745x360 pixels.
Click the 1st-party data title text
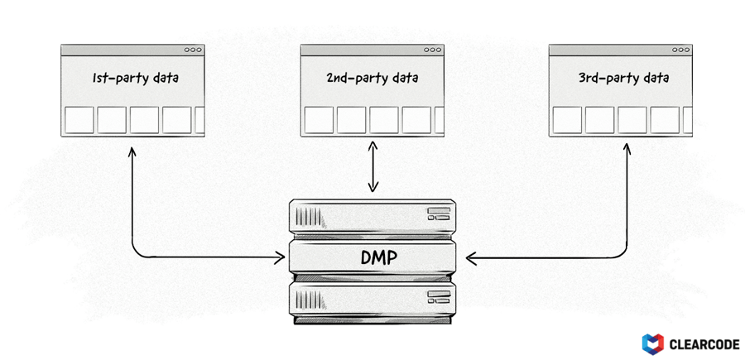[136, 79]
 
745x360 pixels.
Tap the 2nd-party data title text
[372, 79]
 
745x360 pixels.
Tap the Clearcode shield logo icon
[652, 343]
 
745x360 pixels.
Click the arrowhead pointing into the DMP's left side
[280, 258]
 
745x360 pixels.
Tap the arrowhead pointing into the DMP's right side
[470, 258]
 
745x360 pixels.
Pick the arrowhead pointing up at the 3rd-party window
[627, 150]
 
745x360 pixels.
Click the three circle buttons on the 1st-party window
[193, 50]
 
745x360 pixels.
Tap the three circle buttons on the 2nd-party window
[433, 50]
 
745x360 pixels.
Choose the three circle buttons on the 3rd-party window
[680, 50]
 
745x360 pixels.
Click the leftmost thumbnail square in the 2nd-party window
[319, 120]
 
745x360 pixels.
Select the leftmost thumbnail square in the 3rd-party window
[567, 120]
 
